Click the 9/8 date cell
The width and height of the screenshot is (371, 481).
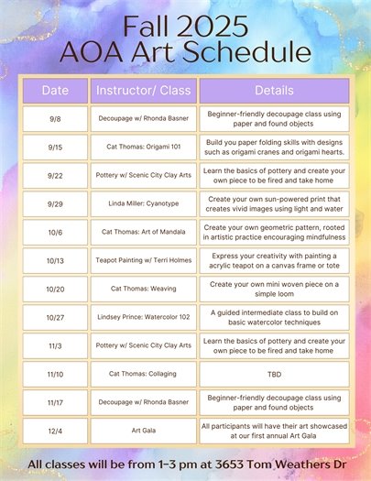[x=55, y=118]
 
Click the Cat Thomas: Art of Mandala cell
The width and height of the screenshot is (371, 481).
[x=143, y=232]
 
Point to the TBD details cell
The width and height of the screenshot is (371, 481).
[x=275, y=374]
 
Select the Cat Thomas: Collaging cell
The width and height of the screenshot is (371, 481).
[x=143, y=374]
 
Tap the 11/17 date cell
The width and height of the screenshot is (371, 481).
[x=55, y=402]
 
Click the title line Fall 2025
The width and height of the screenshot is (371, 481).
[x=186, y=24]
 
